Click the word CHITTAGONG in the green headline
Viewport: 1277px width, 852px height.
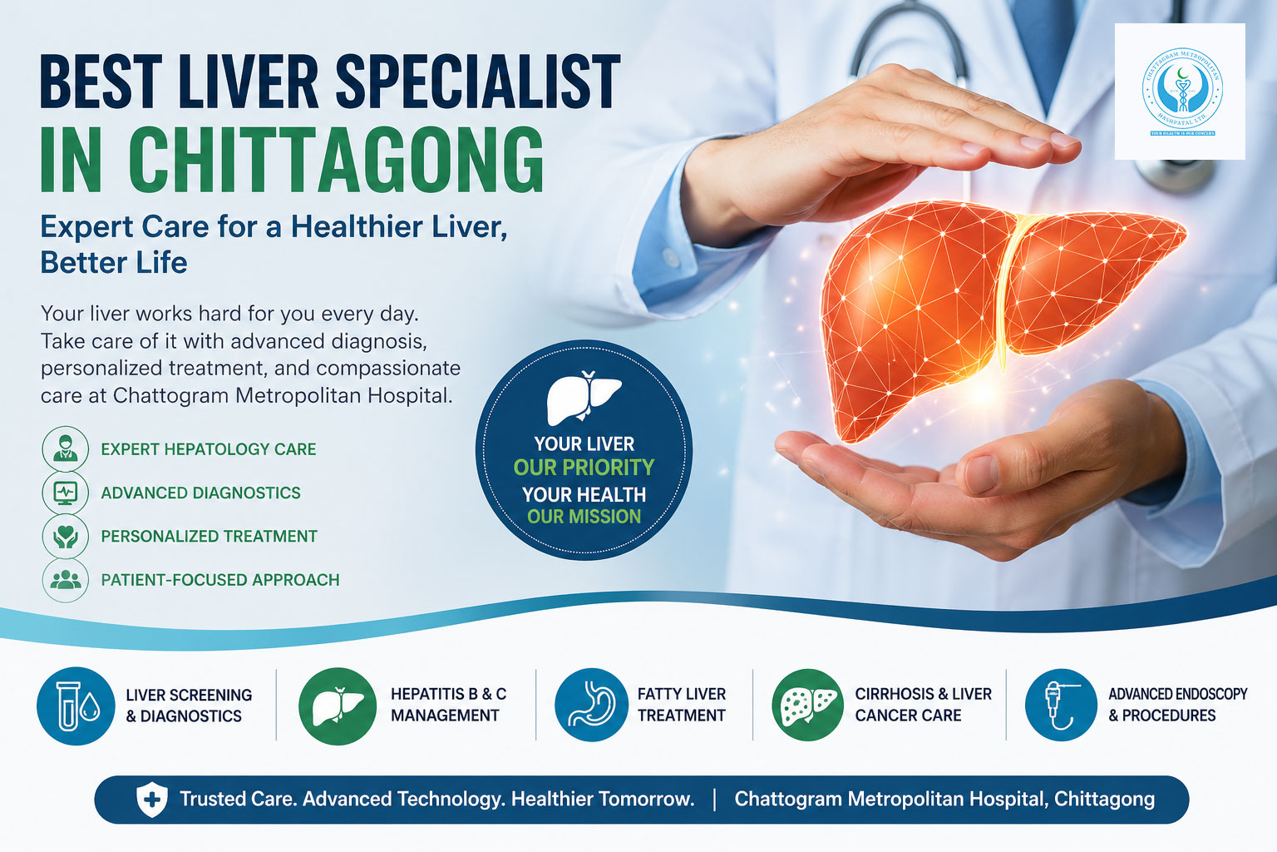(336, 160)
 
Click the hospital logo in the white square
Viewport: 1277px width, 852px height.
(1181, 92)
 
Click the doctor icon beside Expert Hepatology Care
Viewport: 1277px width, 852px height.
(65, 448)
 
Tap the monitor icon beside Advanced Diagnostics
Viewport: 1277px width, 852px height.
(65, 493)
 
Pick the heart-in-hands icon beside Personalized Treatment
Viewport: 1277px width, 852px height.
(65, 537)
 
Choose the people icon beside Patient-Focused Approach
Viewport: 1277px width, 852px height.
(65, 580)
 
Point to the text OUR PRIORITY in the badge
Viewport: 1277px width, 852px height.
(584, 468)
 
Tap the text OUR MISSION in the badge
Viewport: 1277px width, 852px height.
(584, 517)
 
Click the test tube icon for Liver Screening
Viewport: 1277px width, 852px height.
(76, 706)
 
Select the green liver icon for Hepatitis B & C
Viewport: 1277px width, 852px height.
(338, 706)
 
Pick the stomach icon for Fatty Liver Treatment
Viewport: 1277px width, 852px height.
(591, 706)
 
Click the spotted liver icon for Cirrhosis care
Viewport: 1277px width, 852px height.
(807, 706)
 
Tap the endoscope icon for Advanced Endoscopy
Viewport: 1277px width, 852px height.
(1061, 706)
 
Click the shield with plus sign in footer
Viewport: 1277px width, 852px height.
(151, 800)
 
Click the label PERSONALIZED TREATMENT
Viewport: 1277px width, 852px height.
(209, 537)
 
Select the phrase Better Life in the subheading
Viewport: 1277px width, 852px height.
(114, 263)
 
